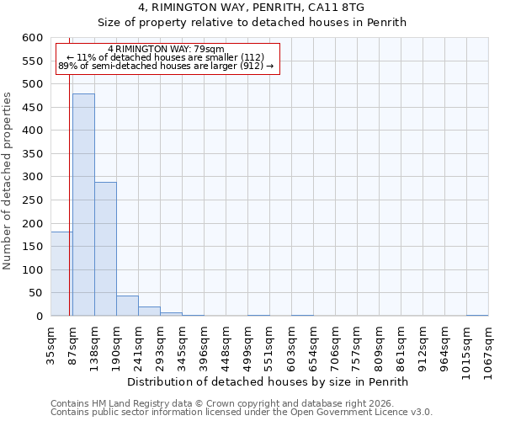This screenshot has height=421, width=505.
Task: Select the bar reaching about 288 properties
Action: pyautogui.click(x=105, y=249)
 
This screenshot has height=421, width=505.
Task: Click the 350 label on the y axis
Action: pyautogui.click(x=33, y=154)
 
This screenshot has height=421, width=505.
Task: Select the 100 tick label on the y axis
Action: pyautogui.click(x=33, y=270)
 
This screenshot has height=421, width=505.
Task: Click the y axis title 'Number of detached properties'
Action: pyautogui.click(x=8, y=181)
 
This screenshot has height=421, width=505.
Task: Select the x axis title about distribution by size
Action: pyautogui.click(x=269, y=381)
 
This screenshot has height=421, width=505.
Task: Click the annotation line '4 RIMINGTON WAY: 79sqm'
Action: pyautogui.click(x=166, y=50)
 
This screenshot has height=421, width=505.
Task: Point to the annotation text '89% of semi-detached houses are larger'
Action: pyautogui.click(x=166, y=66)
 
